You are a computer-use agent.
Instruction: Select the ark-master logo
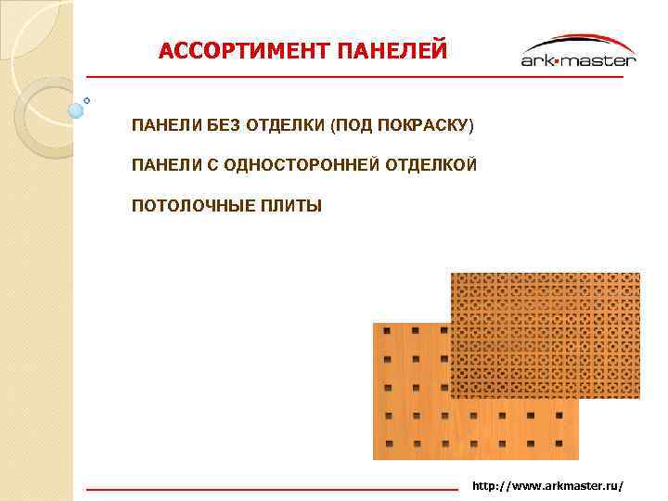(x=578, y=53)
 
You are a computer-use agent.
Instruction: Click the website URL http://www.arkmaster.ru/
(x=547, y=486)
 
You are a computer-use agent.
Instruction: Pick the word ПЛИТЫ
(x=289, y=205)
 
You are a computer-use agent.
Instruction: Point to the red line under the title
(x=353, y=77)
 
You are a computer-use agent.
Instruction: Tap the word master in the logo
(x=603, y=60)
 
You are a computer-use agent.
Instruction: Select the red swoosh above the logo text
(x=580, y=40)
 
